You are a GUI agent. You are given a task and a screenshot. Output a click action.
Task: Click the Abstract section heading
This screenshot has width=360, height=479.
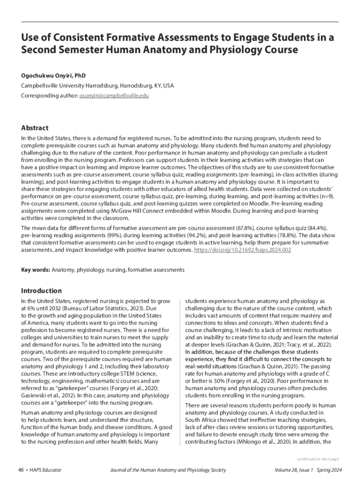pyautogui.click(x=35, y=128)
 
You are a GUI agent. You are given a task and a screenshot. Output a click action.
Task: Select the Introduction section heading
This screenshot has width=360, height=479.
pyautogui.click(x=42, y=290)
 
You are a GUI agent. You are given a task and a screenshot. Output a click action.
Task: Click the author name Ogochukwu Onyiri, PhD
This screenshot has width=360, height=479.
pyautogui.click(x=53, y=75)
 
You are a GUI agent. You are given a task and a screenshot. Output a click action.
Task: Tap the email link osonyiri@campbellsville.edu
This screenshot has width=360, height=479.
pyautogui.click(x=114, y=95)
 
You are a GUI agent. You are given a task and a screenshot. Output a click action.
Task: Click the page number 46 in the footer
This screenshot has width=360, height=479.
pyautogui.click(x=21, y=470)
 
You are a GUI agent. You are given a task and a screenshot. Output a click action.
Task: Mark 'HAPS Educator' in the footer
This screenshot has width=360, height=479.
pyautogui.click(x=44, y=470)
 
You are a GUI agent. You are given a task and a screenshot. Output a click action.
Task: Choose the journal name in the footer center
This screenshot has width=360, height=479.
pyautogui.click(x=167, y=470)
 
